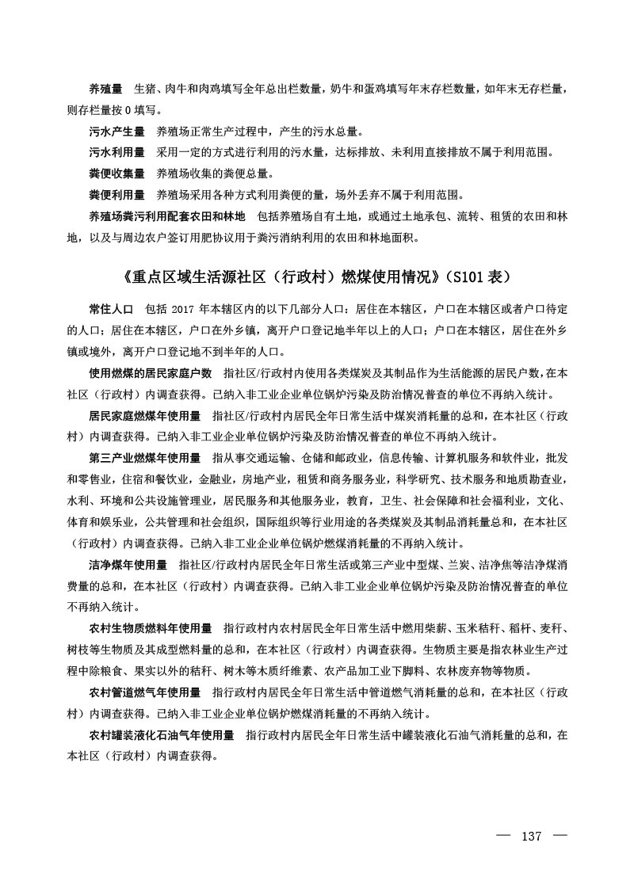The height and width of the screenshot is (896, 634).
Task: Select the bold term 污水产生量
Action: point(116,131)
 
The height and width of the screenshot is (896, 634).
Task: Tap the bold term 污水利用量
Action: point(116,151)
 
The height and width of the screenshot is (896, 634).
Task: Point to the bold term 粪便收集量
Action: point(116,173)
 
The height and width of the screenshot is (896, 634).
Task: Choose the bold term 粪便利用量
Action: point(116,194)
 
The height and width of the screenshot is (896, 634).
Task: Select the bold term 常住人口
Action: point(111,308)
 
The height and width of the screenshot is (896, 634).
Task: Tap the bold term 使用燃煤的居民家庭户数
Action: point(150,372)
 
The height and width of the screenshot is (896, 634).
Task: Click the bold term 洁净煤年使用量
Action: point(128,565)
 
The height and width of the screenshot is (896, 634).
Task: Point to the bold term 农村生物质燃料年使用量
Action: point(150,629)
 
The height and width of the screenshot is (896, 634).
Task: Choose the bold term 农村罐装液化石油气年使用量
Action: point(161,736)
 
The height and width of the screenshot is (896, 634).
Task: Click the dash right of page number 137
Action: point(560,837)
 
